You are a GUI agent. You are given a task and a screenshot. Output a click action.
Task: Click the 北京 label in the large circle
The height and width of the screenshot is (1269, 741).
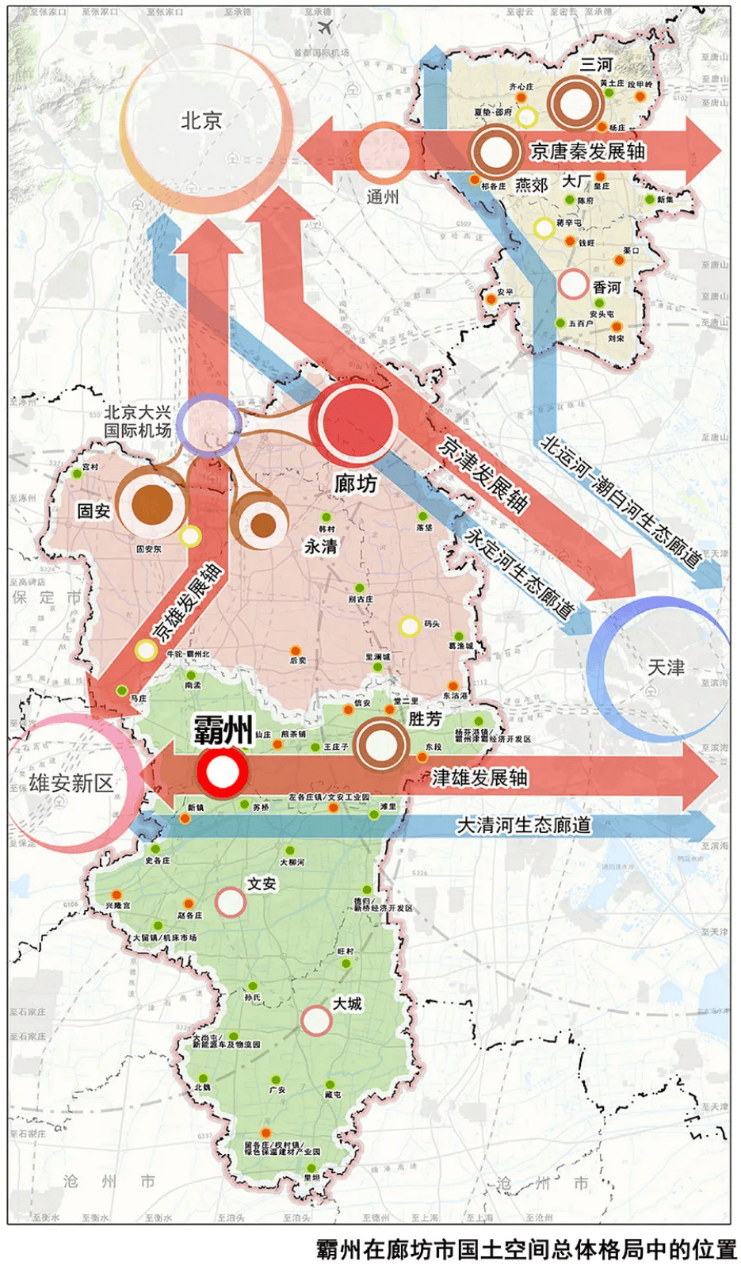click(201, 120)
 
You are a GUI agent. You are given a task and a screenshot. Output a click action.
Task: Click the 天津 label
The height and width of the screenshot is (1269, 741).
click(666, 667)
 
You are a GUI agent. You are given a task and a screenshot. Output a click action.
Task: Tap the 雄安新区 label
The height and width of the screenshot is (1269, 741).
click(71, 783)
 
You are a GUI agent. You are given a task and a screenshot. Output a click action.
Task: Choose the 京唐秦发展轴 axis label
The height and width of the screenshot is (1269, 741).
click(587, 151)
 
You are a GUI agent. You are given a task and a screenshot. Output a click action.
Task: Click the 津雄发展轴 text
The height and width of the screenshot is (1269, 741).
click(479, 778)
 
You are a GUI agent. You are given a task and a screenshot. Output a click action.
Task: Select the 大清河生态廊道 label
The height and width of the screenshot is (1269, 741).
click(523, 825)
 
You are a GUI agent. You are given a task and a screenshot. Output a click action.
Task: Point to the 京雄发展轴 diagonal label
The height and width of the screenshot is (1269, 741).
click(188, 602)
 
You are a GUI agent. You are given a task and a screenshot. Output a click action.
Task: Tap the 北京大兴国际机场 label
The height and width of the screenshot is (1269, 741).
click(138, 421)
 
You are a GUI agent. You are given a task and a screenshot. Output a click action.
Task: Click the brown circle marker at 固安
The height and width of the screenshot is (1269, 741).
click(152, 505)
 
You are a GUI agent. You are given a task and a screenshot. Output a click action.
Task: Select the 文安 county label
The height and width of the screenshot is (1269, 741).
click(262, 883)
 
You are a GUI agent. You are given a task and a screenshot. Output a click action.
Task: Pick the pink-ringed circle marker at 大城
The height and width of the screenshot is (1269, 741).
click(316, 1021)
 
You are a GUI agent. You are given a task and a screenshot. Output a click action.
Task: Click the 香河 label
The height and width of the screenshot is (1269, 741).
click(606, 287)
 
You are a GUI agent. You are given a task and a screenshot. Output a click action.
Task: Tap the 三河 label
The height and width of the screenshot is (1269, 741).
click(596, 64)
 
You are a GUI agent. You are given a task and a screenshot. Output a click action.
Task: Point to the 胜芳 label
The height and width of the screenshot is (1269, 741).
click(426, 719)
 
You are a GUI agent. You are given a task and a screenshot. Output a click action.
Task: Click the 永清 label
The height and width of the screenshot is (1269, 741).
click(321, 546)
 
